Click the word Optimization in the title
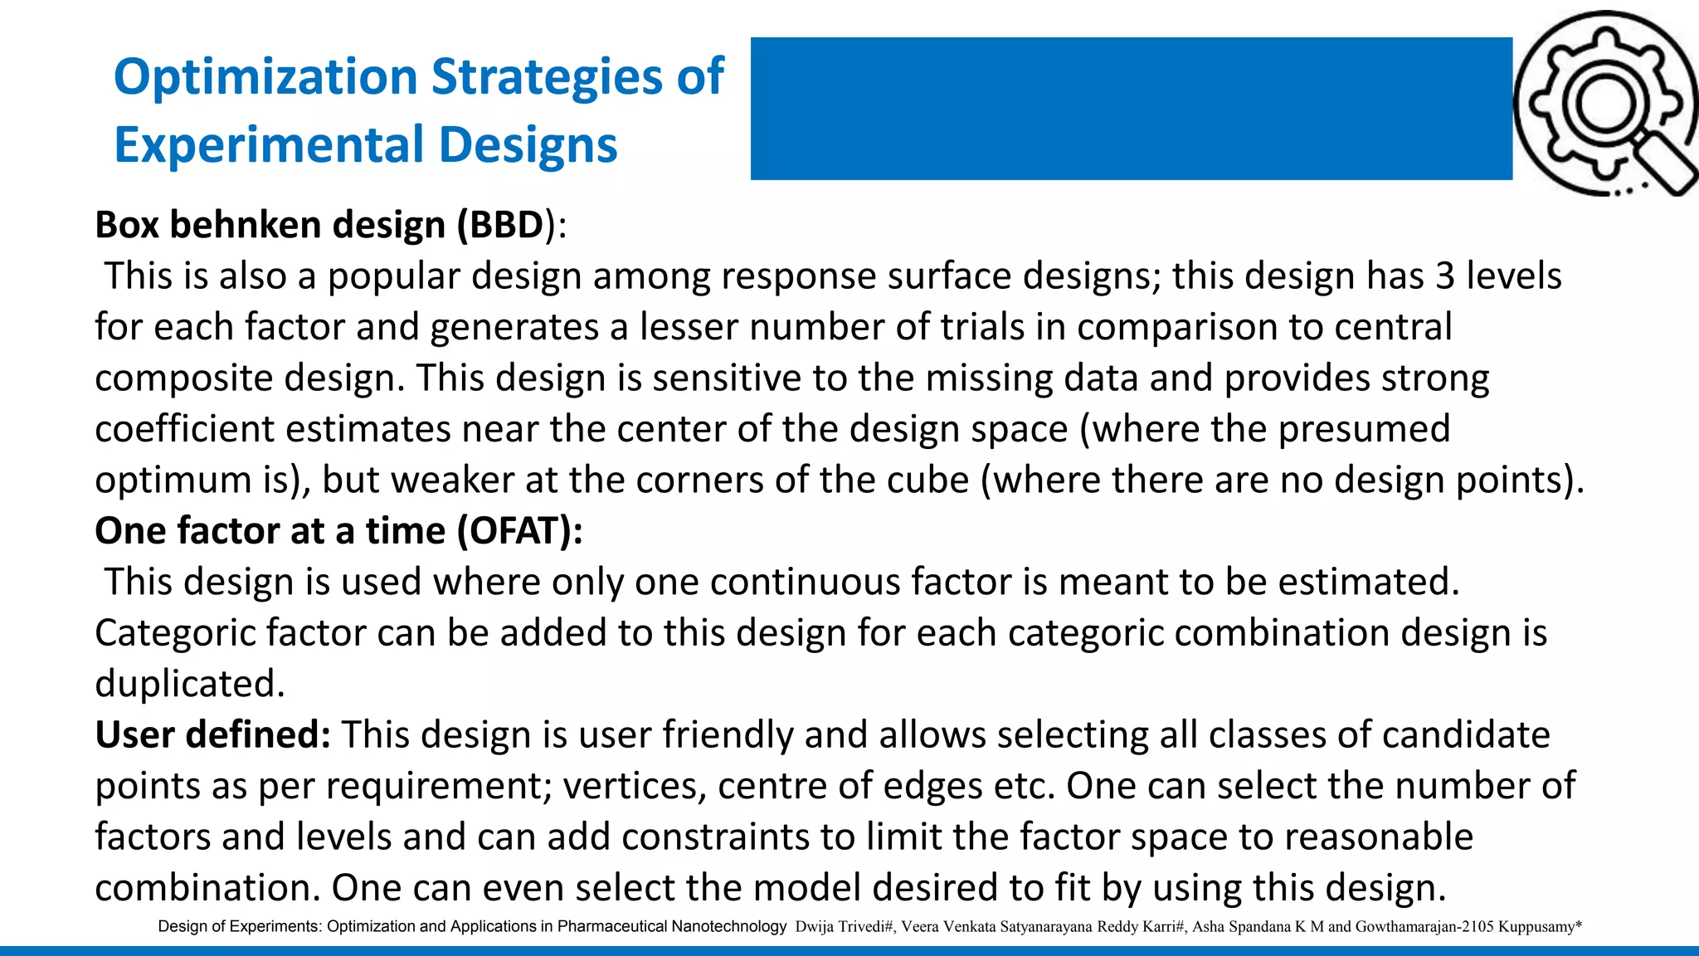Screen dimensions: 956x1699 click(x=265, y=77)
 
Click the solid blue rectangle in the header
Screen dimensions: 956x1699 click(x=1131, y=109)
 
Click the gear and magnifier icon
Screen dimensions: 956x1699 click(x=1606, y=105)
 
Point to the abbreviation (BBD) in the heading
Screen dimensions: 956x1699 click(x=505, y=225)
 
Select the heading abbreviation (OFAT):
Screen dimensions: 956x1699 click(x=519, y=531)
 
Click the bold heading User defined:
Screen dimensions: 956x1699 click(x=212, y=735)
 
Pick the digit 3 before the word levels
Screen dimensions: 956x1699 click(x=1445, y=276)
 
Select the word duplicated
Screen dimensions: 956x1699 click(x=189, y=685)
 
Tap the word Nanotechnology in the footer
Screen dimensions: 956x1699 click(x=728, y=926)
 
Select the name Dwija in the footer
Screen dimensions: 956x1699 click(x=812, y=926)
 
